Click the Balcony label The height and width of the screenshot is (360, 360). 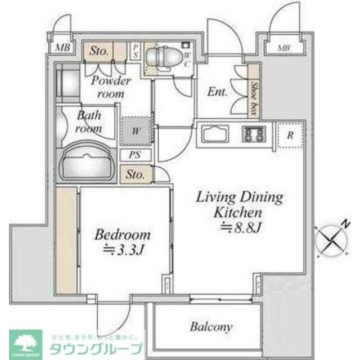pyautogui.click(x=211, y=326)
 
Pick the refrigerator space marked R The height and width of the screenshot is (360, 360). pyautogui.click(x=290, y=135)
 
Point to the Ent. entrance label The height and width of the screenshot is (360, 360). pyautogui.click(x=217, y=92)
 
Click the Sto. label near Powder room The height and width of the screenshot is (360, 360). pyautogui.click(x=100, y=51)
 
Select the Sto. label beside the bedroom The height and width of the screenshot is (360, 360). pyautogui.click(x=136, y=174)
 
